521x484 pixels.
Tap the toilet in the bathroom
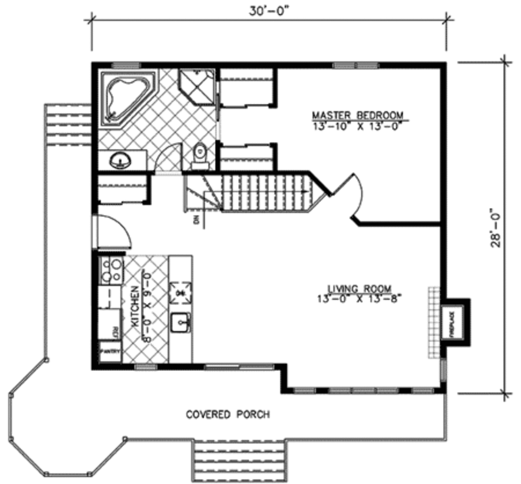click(200, 155)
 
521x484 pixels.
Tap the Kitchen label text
click(136, 305)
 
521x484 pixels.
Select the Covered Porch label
click(227, 414)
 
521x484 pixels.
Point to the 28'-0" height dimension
click(496, 227)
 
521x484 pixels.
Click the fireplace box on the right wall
click(452, 322)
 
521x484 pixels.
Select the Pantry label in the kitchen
click(110, 351)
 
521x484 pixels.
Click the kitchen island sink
click(180, 322)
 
